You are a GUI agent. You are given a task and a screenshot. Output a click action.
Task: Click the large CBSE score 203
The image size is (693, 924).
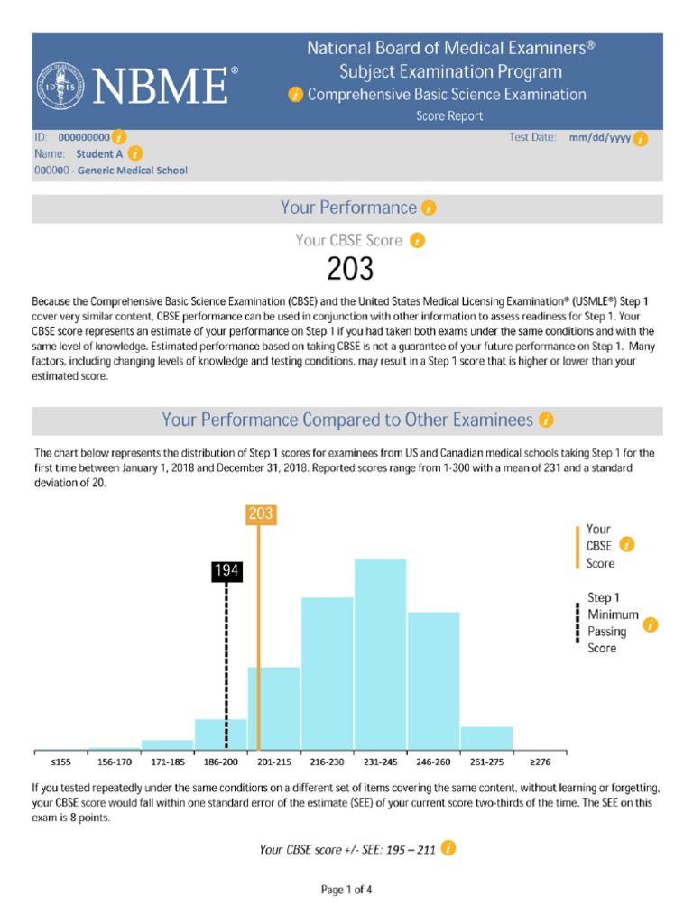(348, 269)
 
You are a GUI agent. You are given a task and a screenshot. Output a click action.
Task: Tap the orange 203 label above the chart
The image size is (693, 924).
(259, 514)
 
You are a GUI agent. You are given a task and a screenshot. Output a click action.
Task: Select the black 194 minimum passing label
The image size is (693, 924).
(226, 570)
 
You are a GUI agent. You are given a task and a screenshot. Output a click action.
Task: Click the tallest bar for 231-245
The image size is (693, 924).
(380, 654)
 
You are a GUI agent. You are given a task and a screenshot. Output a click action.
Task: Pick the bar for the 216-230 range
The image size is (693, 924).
(327, 673)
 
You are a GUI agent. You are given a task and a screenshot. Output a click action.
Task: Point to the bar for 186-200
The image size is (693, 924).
(221, 735)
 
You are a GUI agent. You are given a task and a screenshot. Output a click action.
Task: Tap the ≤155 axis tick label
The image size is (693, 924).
(60, 762)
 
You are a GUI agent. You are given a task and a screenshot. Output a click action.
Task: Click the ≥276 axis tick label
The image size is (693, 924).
(540, 762)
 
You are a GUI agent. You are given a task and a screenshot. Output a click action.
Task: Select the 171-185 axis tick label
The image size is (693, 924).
(168, 762)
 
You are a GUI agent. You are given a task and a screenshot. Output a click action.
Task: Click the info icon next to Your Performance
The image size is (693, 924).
(429, 208)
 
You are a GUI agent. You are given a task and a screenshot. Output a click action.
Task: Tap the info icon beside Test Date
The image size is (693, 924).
(641, 139)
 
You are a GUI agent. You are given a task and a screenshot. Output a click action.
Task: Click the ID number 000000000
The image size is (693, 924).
(84, 138)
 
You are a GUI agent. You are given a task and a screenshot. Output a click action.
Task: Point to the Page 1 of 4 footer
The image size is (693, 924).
(347, 890)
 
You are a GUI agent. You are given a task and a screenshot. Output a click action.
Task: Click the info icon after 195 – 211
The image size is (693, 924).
(449, 848)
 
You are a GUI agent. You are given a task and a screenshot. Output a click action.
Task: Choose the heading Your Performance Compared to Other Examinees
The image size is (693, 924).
(347, 420)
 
